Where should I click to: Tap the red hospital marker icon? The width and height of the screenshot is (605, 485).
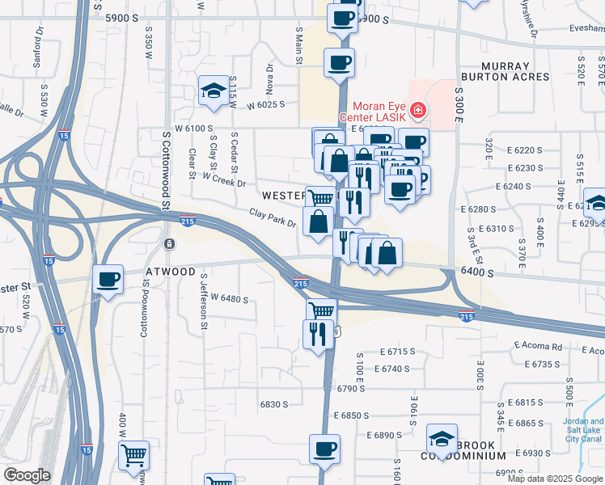pyautogui.click(x=418, y=109)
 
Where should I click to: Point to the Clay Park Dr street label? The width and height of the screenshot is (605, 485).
pyautogui.click(x=272, y=217)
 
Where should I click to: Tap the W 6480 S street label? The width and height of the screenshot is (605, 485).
pyautogui.click(x=229, y=299)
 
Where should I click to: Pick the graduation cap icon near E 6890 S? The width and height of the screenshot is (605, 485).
pyautogui.click(x=442, y=438)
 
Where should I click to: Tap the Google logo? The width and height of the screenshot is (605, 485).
pyautogui.click(x=27, y=475)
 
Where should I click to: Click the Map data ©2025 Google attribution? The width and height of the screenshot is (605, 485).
pyautogui.click(x=554, y=479)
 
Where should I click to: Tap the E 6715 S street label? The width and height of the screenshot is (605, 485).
pyautogui.click(x=396, y=352)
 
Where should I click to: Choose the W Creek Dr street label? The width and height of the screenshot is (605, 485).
pyautogui.click(x=224, y=183)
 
